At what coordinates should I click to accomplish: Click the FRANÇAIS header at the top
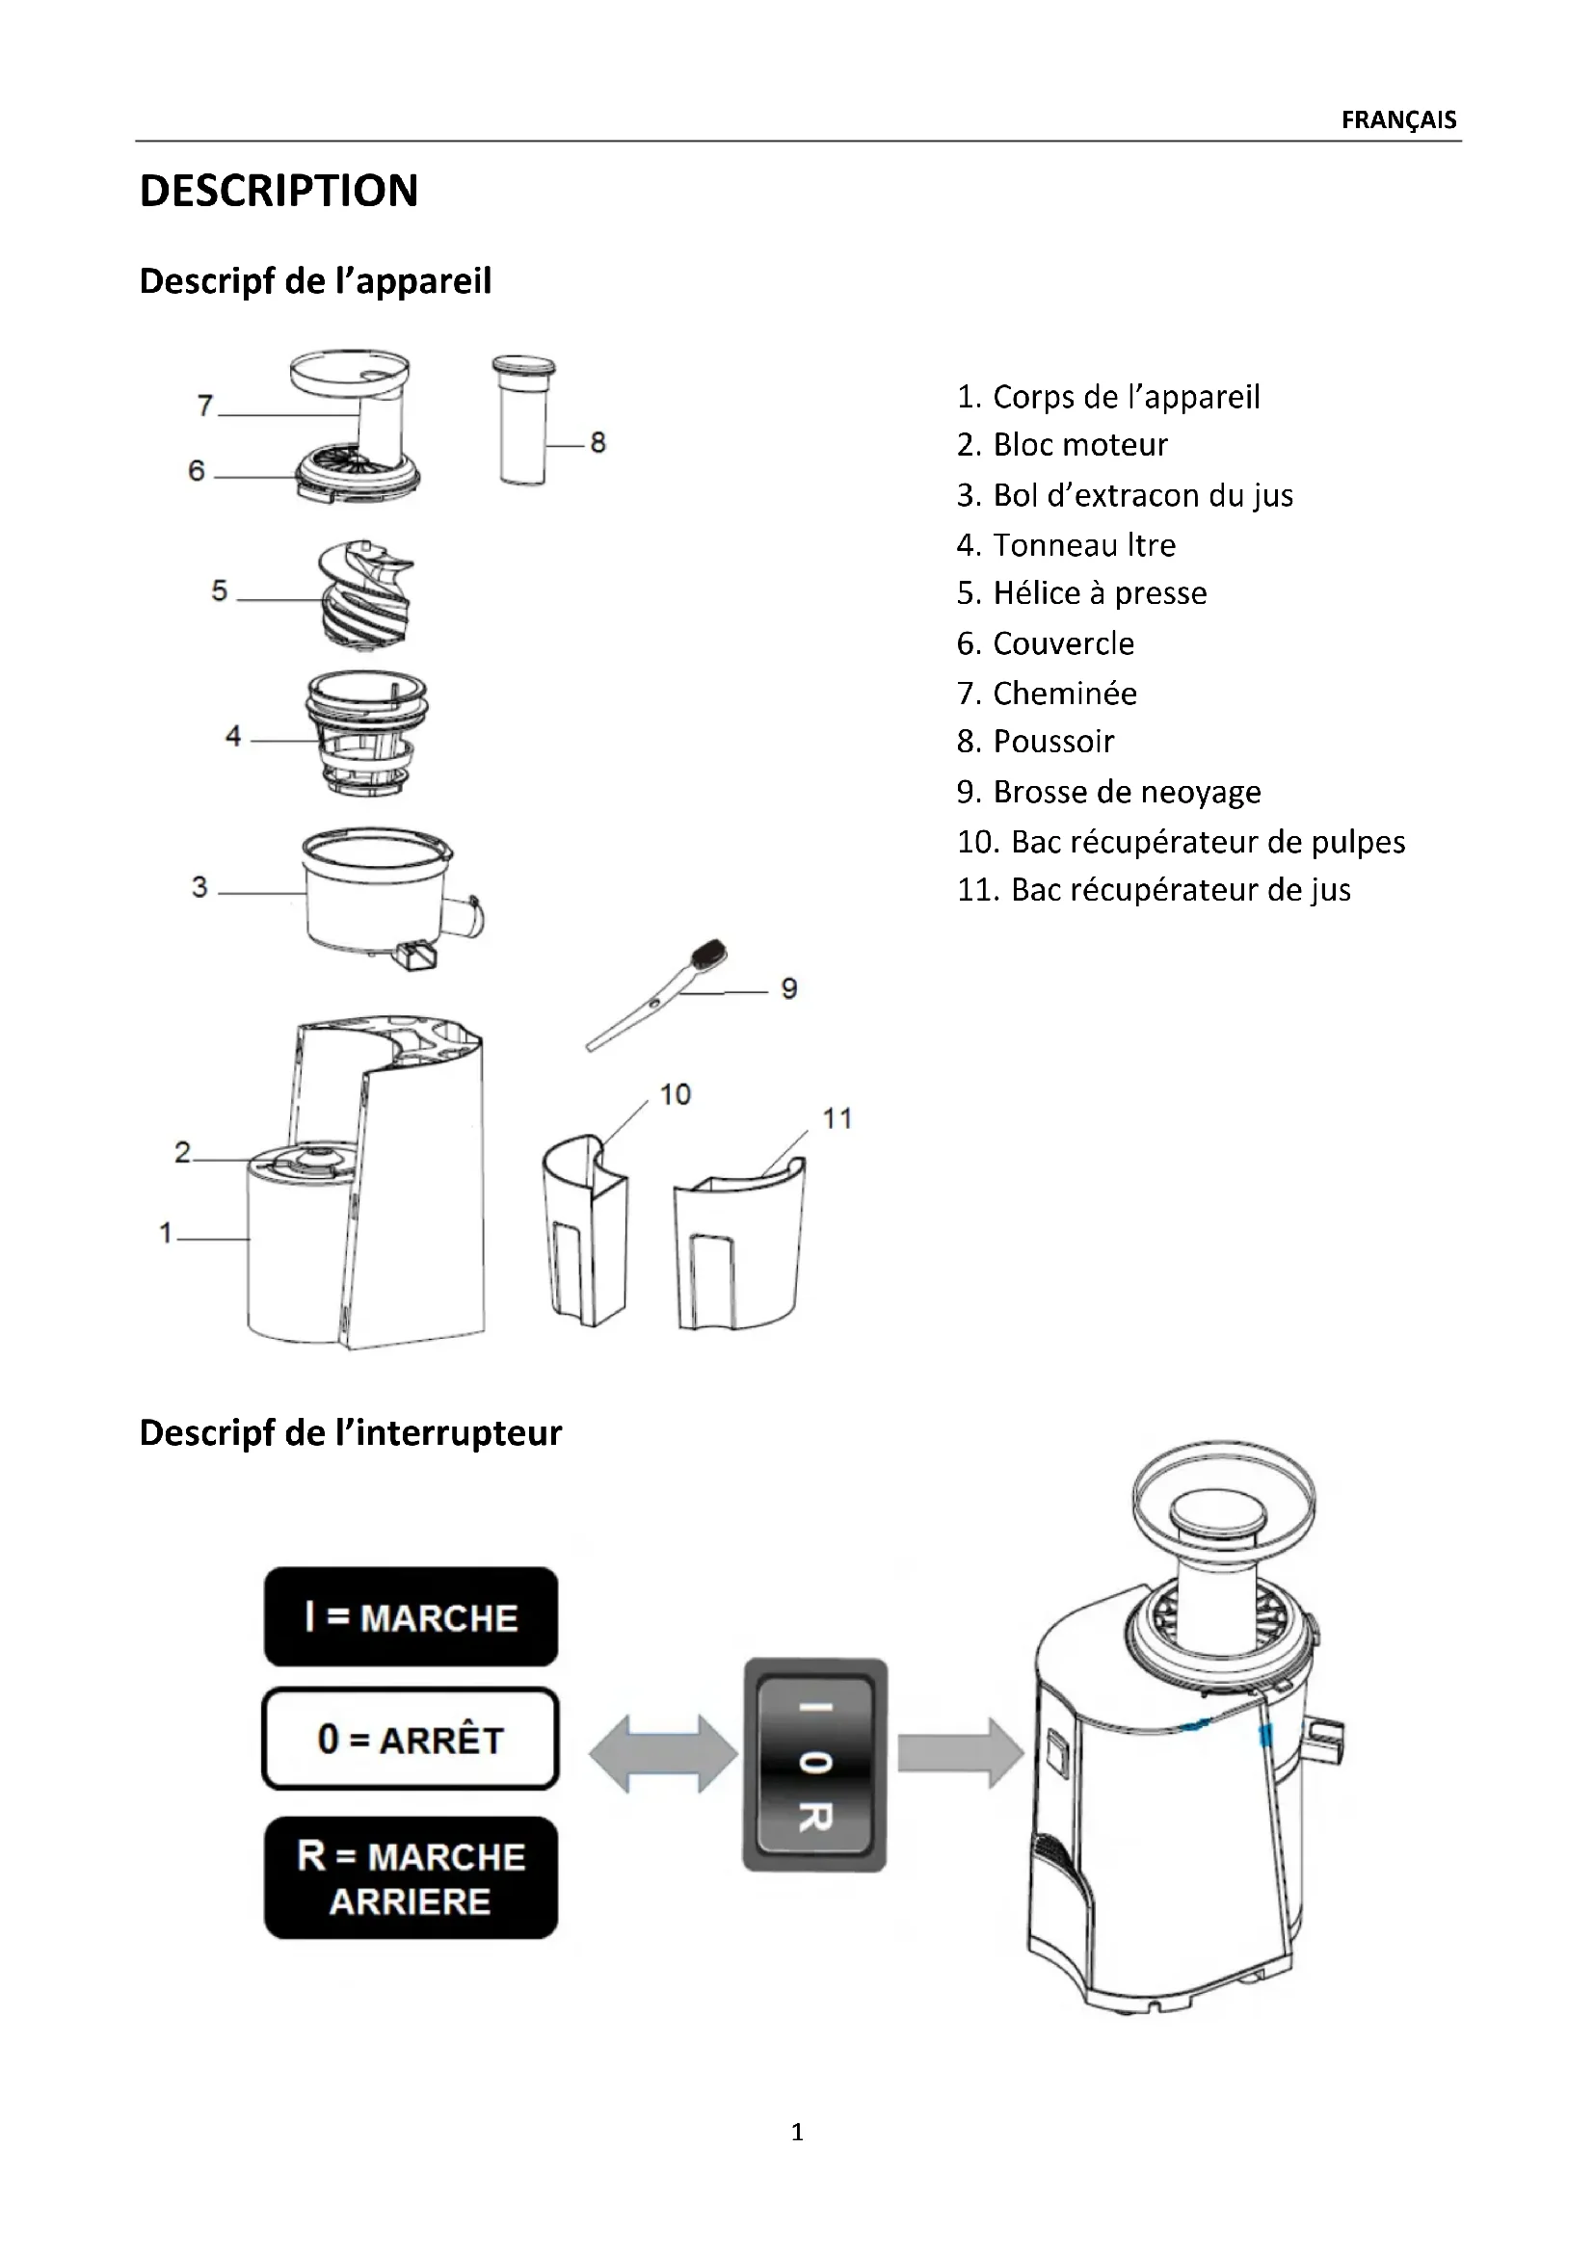[x=1397, y=119]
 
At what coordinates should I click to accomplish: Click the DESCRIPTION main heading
[x=279, y=191]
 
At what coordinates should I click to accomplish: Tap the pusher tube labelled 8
[x=523, y=422]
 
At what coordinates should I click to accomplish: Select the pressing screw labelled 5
[x=365, y=593]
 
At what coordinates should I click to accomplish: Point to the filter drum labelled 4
[x=366, y=734]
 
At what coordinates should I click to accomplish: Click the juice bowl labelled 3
[x=378, y=893]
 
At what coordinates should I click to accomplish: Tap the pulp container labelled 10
[x=585, y=1232]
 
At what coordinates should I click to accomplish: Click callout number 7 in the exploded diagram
[x=205, y=406]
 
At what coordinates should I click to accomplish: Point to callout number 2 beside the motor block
[x=182, y=1151]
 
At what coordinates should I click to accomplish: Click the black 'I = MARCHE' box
[x=411, y=1617]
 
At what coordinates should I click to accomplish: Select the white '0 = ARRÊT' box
[x=411, y=1739]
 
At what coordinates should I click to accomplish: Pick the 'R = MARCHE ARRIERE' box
[x=411, y=1878]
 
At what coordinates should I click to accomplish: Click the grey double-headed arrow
[x=662, y=1753]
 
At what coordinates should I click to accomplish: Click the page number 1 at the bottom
[x=797, y=2132]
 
